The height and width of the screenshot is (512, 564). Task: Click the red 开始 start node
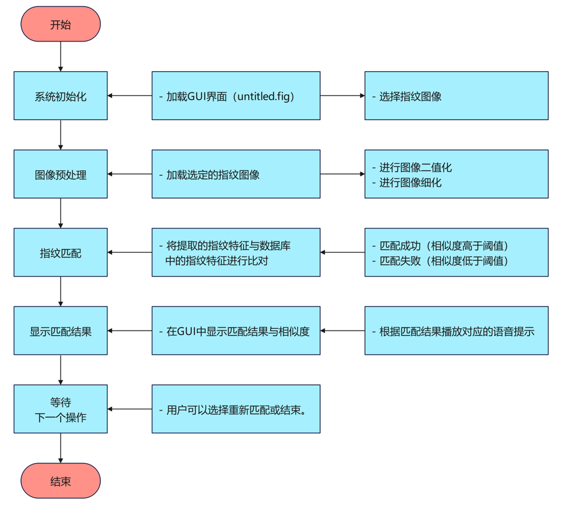coord(61,25)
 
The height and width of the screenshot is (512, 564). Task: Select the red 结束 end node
coord(61,481)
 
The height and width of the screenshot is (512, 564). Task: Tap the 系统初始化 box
coord(61,96)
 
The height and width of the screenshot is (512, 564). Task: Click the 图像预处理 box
coord(61,174)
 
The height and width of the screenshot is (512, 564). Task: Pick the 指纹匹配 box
coord(61,253)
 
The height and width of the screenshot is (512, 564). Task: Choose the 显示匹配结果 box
coord(61,331)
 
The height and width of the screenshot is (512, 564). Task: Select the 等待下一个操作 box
coord(61,409)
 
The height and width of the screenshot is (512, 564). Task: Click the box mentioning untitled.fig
coord(236,96)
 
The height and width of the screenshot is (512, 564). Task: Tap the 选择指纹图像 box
coord(456,96)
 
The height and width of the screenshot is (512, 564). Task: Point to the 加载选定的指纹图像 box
coord(236,174)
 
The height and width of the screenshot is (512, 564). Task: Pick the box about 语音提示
coord(456,331)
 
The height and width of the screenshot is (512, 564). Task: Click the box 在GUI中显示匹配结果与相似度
coord(236,331)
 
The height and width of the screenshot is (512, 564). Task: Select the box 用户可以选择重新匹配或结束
coord(236,409)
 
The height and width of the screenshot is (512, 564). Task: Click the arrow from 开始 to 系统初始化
coord(61,57)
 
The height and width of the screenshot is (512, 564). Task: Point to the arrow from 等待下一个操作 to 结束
coord(61,448)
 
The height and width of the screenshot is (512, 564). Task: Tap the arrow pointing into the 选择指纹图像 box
coord(342,96)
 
